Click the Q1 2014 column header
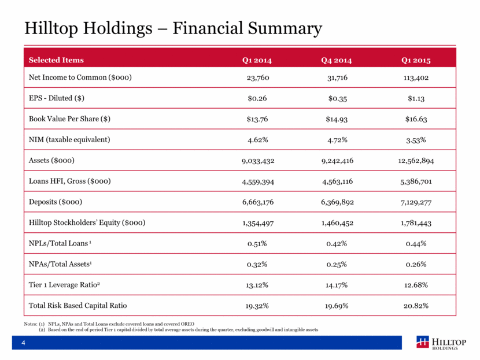[257, 60]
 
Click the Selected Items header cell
[56, 60]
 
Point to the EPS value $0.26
[257, 98]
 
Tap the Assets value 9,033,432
[257, 160]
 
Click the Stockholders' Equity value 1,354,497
[257, 222]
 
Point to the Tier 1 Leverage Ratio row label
[67, 284]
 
